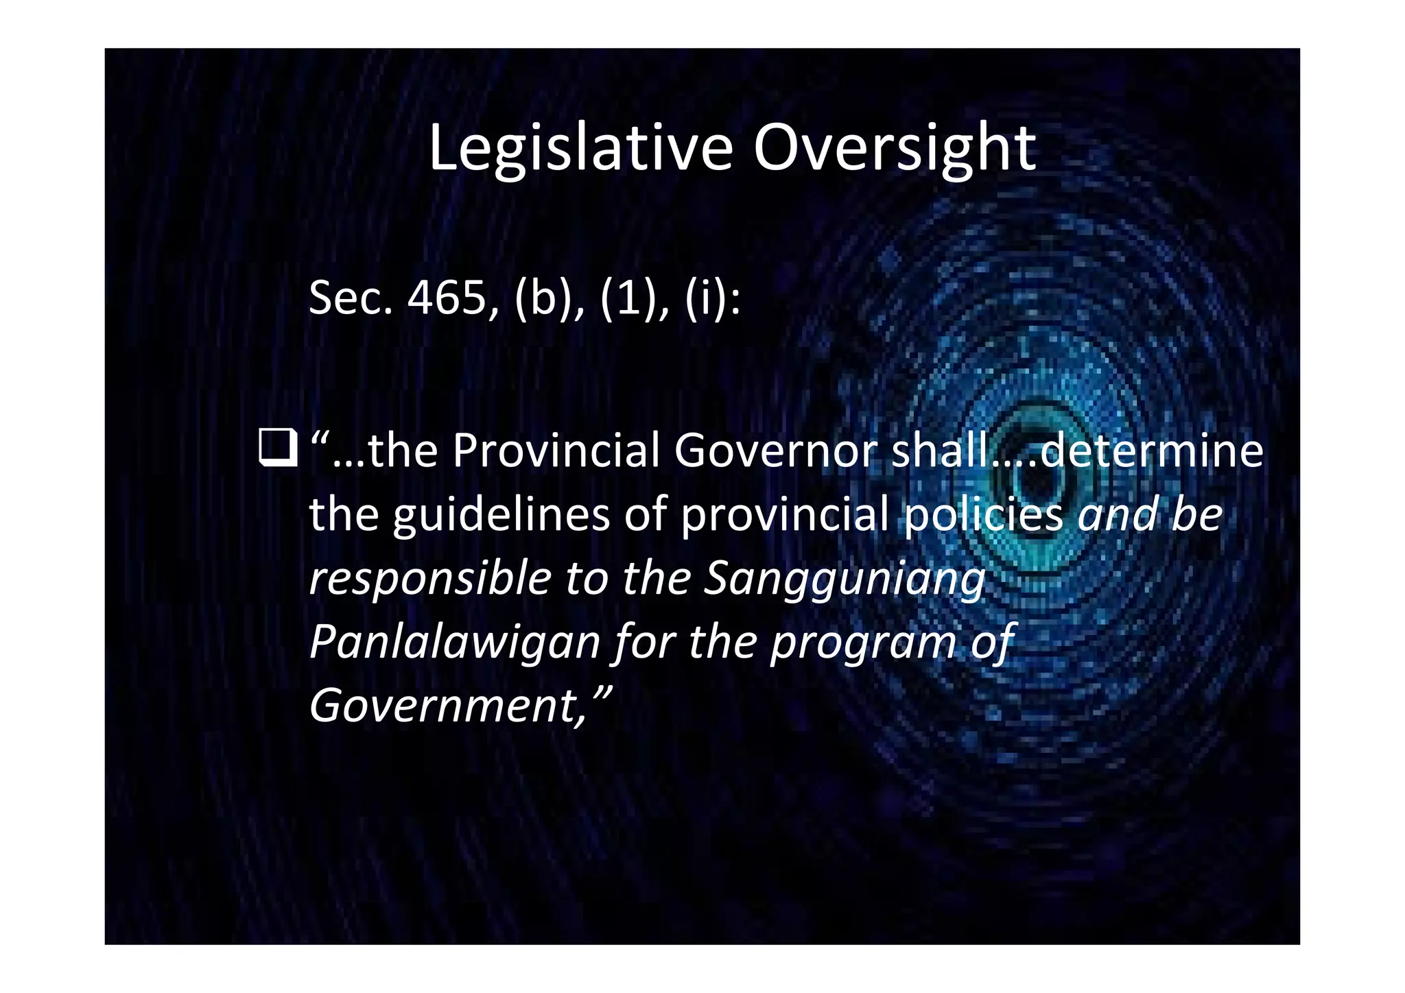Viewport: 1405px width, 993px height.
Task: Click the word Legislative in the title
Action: [580, 149]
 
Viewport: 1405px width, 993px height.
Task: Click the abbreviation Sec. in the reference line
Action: [350, 299]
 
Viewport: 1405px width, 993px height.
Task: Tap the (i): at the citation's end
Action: [712, 300]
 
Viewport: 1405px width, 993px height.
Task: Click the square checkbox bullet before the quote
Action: [278, 447]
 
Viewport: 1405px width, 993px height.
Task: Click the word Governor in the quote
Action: [775, 451]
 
